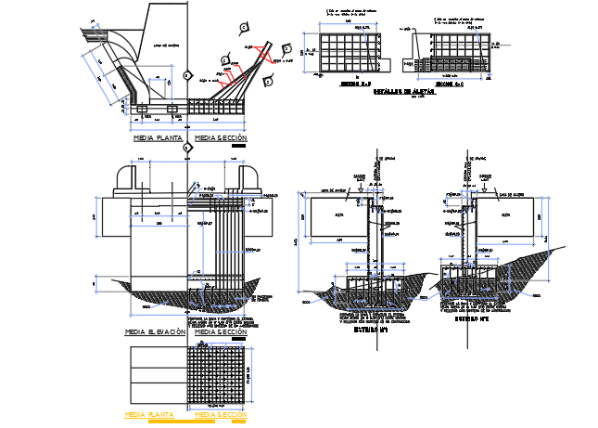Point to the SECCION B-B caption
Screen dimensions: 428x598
point(349,82)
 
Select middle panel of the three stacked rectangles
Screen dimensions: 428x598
point(155,375)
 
